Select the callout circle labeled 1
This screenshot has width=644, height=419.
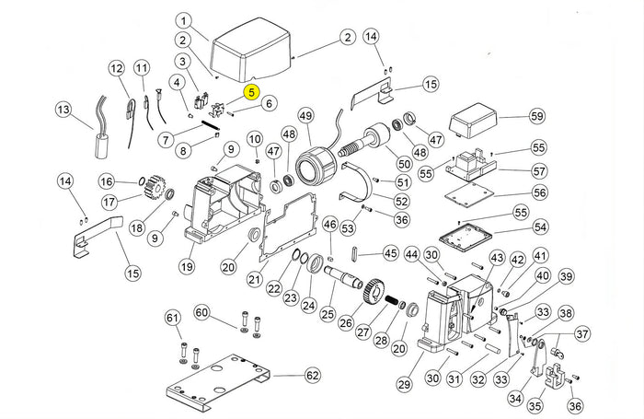pyautogui.click(x=184, y=21)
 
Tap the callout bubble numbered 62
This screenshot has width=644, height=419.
pyautogui.click(x=313, y=376)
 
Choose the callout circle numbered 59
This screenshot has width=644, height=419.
pyautogui.click(x=537, y=116)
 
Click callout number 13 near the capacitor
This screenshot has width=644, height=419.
pyautogui.click(x=63, y=110)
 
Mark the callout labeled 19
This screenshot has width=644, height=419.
pyautogui.click(x=187, y=267)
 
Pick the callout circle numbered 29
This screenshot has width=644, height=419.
pyautogui.click(x=404, y=383)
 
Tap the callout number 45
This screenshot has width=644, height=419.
pyautogui.click(x=390, y=253)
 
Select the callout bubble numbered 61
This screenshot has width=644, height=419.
pyautogui.click(x=173, y=318)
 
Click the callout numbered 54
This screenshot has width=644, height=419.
pyautogui.click(x=540, y=227)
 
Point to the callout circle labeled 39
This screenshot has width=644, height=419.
pyautogui.click(x=566, y=276)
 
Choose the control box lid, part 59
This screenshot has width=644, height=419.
pyautogui.click(x=476, y=122)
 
